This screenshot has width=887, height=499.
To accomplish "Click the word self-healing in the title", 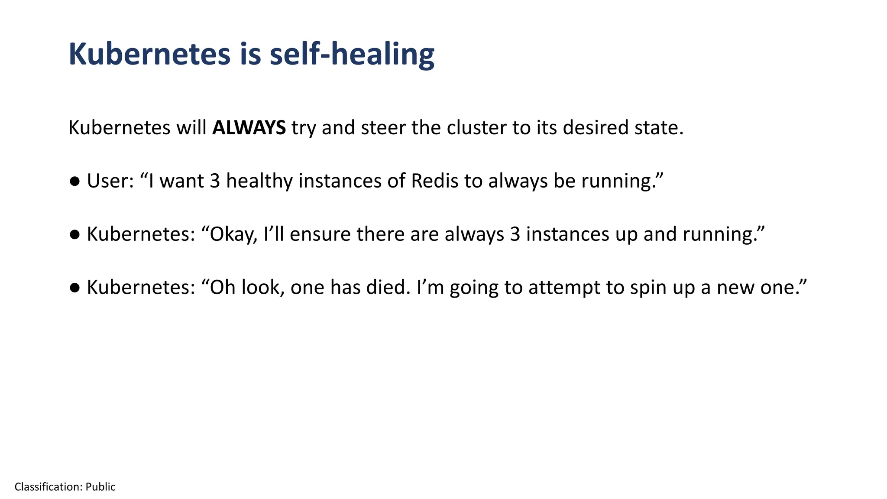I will click(352, 55).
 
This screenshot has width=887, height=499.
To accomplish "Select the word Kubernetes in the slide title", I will click(149, 55).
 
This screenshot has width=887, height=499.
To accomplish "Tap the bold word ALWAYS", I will click(249, 128).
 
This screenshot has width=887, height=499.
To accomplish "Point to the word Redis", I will click(434, 181).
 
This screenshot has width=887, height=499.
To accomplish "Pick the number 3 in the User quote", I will click(215, 181).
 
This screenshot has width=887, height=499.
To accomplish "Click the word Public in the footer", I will click(100, 487).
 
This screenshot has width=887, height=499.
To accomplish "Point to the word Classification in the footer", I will click(48, 487).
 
